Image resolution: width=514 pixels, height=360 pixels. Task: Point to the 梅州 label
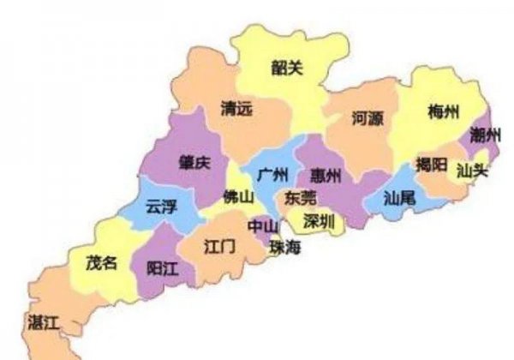click(444, 112)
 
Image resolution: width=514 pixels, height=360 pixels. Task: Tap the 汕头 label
click(472, 171)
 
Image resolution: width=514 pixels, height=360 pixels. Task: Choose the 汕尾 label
click(399, 197)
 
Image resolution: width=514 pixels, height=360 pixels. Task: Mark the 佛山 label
click(238, 196)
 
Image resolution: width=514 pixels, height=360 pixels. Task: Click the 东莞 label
click(300, 198)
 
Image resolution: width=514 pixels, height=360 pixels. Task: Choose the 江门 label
click(219, 246)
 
